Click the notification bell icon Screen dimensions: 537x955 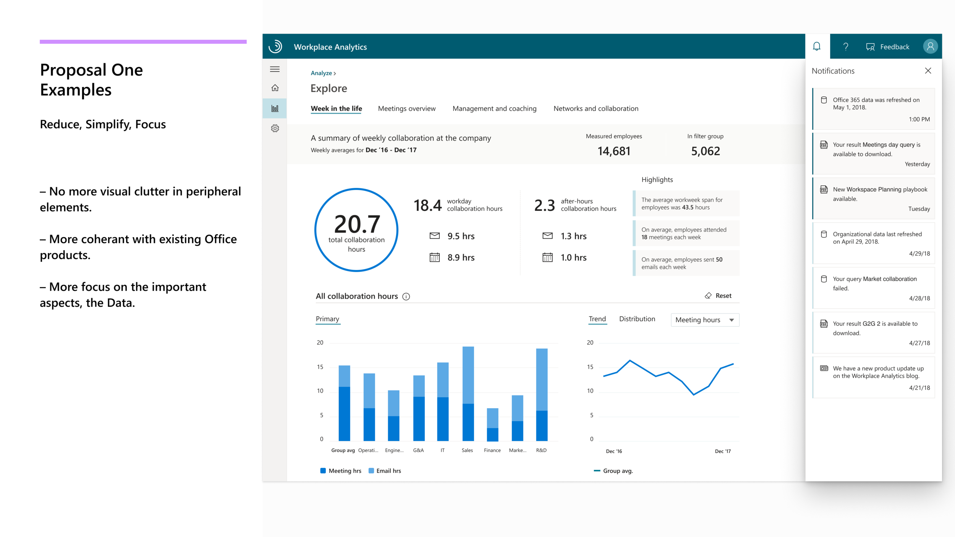click(x=817, y=47)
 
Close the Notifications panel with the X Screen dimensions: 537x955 click(x=928, y=71)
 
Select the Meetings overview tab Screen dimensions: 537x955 click(x=406, y=108)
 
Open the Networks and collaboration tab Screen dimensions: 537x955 click(x=596, y=108)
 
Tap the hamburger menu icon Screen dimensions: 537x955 click(x=275, y=69)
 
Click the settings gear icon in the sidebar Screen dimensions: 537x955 click(x=275, y=128)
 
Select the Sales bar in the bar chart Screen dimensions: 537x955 click(x=468, y=393)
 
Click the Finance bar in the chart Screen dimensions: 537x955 click(x=492, y=424)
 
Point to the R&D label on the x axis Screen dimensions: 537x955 click(x=541, y=450)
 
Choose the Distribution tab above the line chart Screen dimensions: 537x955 click(x=637, y=319)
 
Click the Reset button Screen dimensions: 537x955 click(x=718, y=296)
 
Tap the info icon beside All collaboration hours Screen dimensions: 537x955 click(x=406, y=296)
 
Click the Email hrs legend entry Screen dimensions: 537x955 click(x=385, y=471)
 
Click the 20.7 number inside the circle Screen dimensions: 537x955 click(x=357, y=224)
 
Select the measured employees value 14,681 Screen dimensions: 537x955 click(x=613, y=151)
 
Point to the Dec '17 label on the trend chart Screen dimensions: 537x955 click(x=722, y=451)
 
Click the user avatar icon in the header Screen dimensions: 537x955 click(x=930, y=47)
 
